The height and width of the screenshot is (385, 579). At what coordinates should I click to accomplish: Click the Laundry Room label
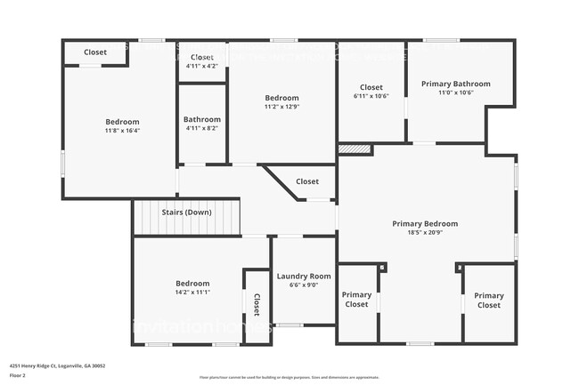pos(303,277)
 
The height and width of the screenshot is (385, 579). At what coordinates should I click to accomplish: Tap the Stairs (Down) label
pos(186,213)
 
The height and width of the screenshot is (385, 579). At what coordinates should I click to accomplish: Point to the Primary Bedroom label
pos(425,223)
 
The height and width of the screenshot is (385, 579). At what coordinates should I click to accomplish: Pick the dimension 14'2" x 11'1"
pos(192,293)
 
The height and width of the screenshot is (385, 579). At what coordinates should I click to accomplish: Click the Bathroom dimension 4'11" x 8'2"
pos(201,128)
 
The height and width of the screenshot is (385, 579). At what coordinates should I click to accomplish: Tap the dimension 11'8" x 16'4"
pos(122,131)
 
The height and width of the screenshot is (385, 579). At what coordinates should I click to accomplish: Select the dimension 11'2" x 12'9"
pos(281,107)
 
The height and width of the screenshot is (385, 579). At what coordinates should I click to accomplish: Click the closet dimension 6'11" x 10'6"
pos(371,96)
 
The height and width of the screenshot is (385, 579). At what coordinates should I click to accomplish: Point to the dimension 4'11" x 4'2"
pos(201,66)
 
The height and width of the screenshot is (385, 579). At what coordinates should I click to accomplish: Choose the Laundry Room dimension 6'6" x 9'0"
pos(303,285)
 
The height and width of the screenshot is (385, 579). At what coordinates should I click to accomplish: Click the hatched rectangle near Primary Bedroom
pos(355,149)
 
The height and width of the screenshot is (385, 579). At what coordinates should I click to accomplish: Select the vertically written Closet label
pos(257,305)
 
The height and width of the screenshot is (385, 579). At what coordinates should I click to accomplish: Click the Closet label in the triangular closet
pos(307,181)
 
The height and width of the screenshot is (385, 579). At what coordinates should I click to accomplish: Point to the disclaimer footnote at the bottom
pos(289,377)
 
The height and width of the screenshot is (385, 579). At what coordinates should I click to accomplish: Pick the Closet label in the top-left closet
pos(95,52)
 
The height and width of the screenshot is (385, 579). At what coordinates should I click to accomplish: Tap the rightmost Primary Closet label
pos(488,301)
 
